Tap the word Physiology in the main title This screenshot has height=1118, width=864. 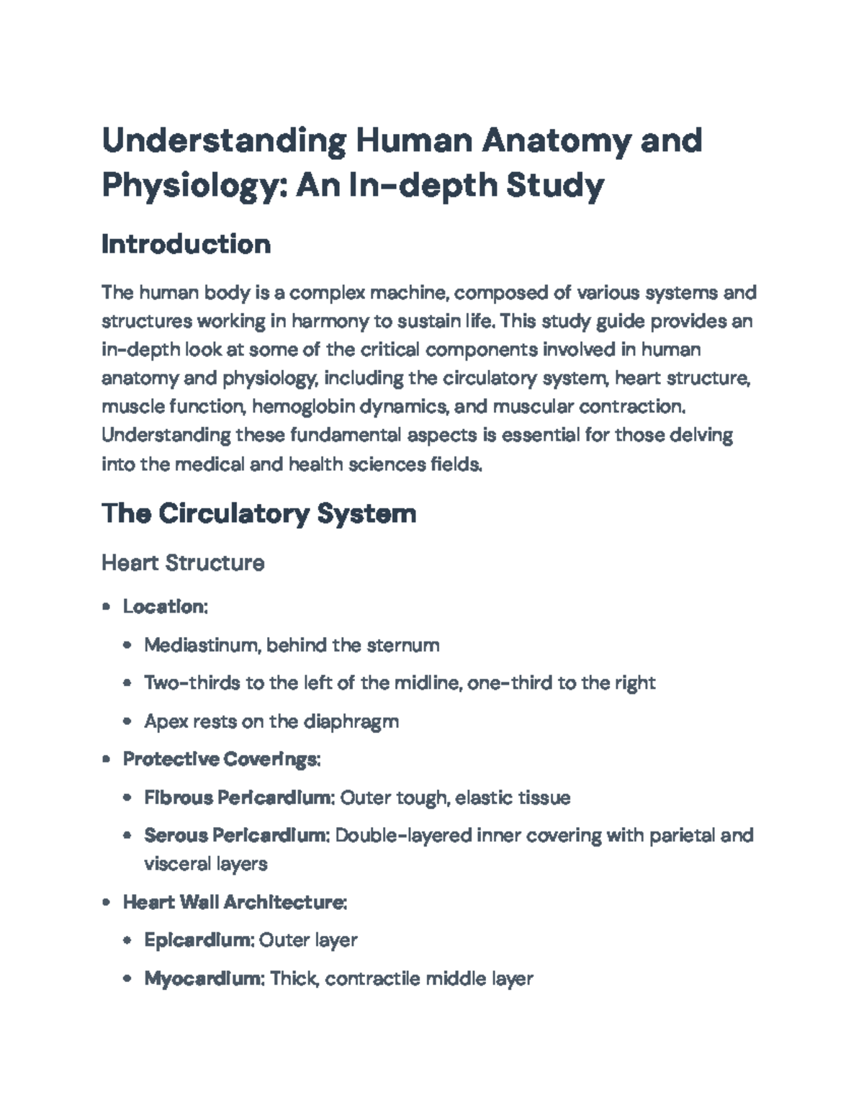(x=194, y=186)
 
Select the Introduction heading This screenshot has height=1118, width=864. (x=186, y=245)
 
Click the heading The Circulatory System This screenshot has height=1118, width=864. (x=258, y=514)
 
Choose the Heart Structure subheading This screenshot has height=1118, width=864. (x=183, y=563)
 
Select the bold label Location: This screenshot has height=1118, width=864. (x=165, y=607)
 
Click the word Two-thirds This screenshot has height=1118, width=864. (x=192, y=683)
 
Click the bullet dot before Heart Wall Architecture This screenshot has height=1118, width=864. (x=107, y=903)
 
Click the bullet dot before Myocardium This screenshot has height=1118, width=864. (x=127, y=979)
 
